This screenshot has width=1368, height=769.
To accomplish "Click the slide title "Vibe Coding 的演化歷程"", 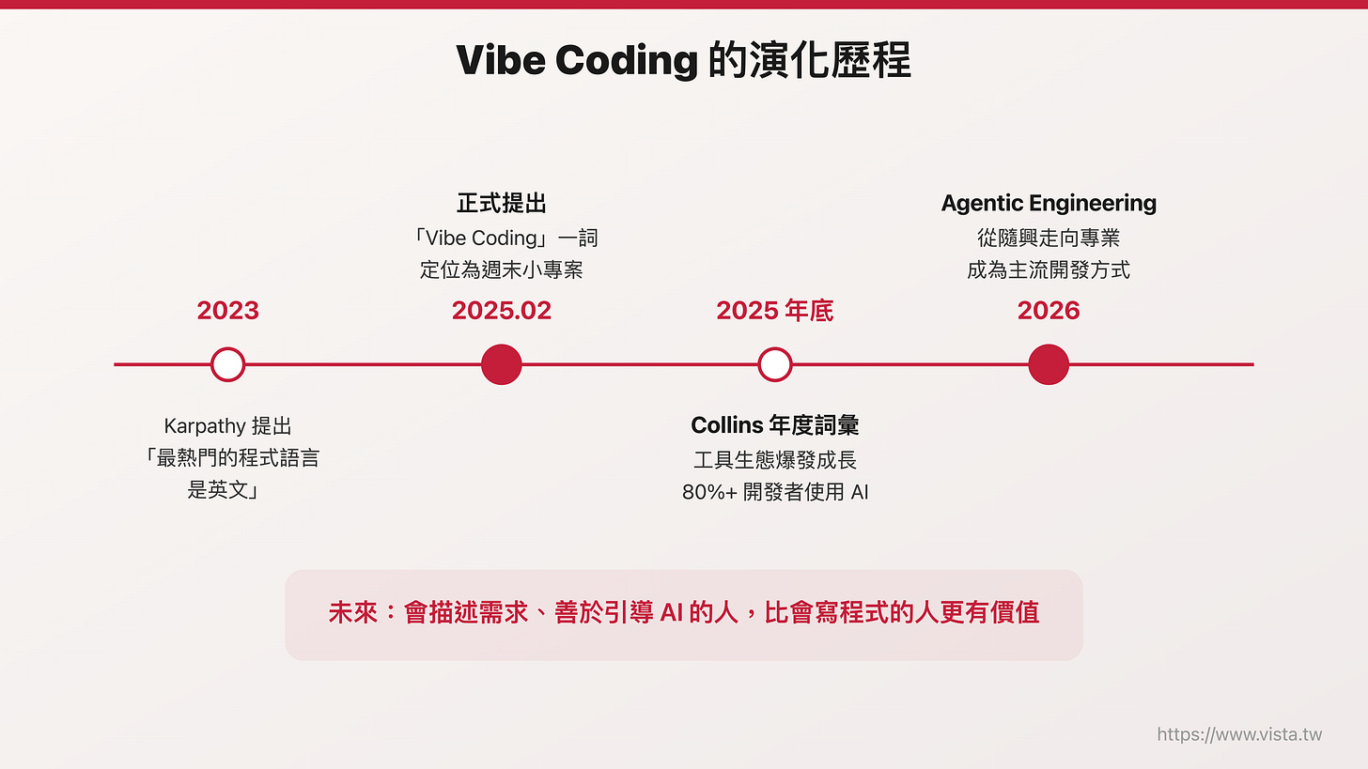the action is (683, 61).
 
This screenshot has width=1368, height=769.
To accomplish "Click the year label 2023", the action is (227, 311).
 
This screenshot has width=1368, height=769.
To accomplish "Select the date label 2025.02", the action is (501, 311).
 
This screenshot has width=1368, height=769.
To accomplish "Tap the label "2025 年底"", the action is (774, 311).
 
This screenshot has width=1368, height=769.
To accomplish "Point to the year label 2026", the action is (1049, 311).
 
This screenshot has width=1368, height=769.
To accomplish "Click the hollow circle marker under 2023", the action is (227, 364).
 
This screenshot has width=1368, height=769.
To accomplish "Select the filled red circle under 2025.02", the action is (501, 364).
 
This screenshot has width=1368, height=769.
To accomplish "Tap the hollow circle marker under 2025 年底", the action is (774, 364).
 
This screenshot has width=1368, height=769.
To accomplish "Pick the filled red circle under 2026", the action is (1049, 364).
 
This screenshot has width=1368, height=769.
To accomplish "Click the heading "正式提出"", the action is (501, 203).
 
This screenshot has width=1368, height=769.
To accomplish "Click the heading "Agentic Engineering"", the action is (1049, 203).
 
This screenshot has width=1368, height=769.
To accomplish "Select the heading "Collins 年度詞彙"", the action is (774, 425).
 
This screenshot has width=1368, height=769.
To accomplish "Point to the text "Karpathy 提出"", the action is (227, 425).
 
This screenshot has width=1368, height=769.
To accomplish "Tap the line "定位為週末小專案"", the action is (501, 270).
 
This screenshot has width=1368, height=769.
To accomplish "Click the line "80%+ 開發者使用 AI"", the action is (774, 492).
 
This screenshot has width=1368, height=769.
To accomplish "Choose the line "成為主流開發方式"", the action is (1049, 270).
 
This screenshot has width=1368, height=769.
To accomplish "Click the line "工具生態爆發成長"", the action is (774, 459).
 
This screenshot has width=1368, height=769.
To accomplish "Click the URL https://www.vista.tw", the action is (1239, 734).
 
